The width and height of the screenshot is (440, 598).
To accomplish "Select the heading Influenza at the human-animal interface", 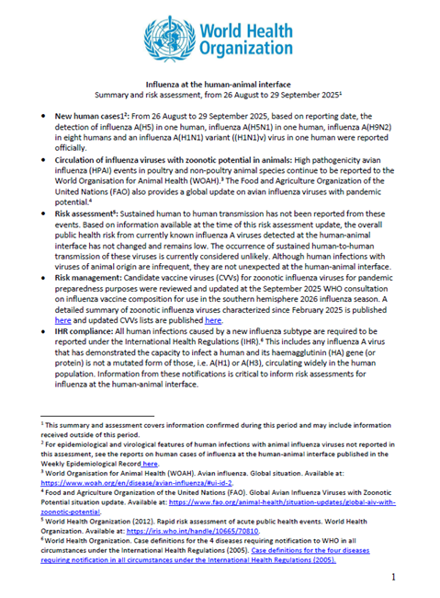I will pyautogui.click(x=220, y=83).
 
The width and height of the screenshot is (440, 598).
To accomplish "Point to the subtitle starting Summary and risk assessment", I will pyautogui.click(x=220, y=94).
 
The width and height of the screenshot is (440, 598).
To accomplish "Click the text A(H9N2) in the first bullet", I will pyautogui.click(x=386, y=127).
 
